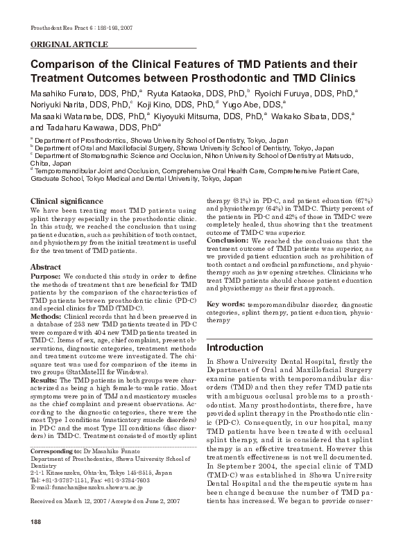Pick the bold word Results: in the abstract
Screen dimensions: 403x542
[x=44, y=381]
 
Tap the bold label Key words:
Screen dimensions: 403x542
[x=225, y=305]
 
